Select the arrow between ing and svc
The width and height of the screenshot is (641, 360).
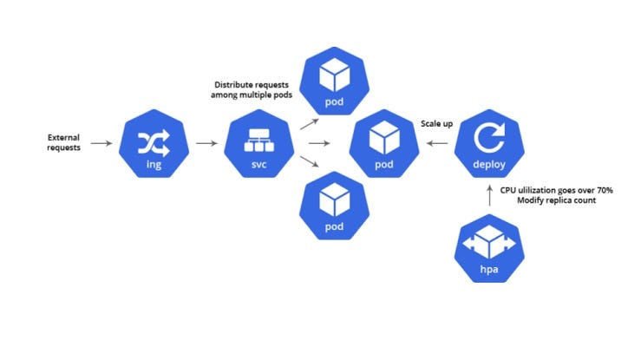[x=206, y=142]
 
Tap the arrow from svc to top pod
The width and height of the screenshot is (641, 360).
[x=309, y=123]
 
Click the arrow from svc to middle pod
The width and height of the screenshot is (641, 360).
[x=320, y=142]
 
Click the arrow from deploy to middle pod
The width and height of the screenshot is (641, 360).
[x=437, y=142]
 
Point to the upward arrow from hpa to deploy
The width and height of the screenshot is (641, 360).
[x=491, y=195]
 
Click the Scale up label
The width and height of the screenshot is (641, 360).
[x=436, y=124]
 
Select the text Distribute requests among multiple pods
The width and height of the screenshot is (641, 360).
[x=252, y=89]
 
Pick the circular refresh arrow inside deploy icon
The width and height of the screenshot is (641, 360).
[x=491, y=136]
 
